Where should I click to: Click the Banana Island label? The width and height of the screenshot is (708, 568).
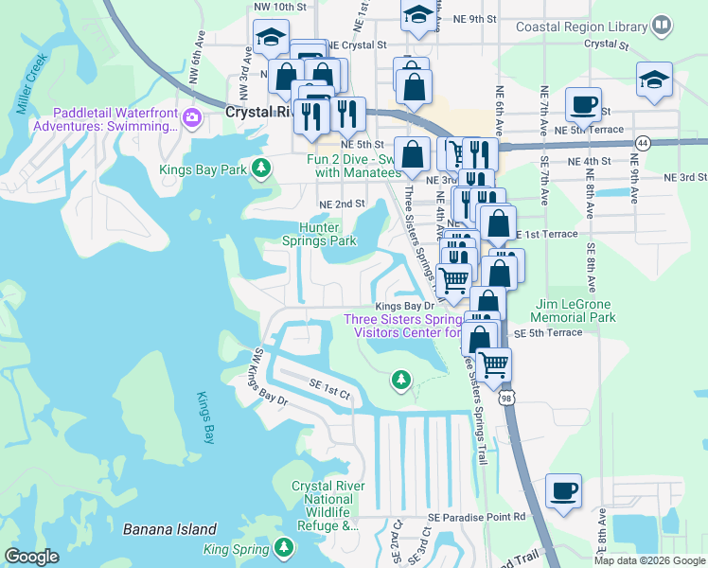click(x=169, y=529)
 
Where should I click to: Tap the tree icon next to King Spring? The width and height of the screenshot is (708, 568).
click(x=283, y=548)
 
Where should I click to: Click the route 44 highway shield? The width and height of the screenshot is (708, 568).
click(x=643, y=143)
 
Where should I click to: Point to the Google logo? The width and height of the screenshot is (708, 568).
click(x=32, y=557)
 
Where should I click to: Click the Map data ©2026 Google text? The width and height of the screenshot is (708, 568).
click(x=648, y=560)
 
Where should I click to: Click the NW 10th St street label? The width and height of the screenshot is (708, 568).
click(x=280, y=8)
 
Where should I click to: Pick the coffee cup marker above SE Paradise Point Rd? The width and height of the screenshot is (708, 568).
click(x=564, y=490)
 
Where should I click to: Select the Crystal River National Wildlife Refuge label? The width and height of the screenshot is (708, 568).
click(x=324, y=506)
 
